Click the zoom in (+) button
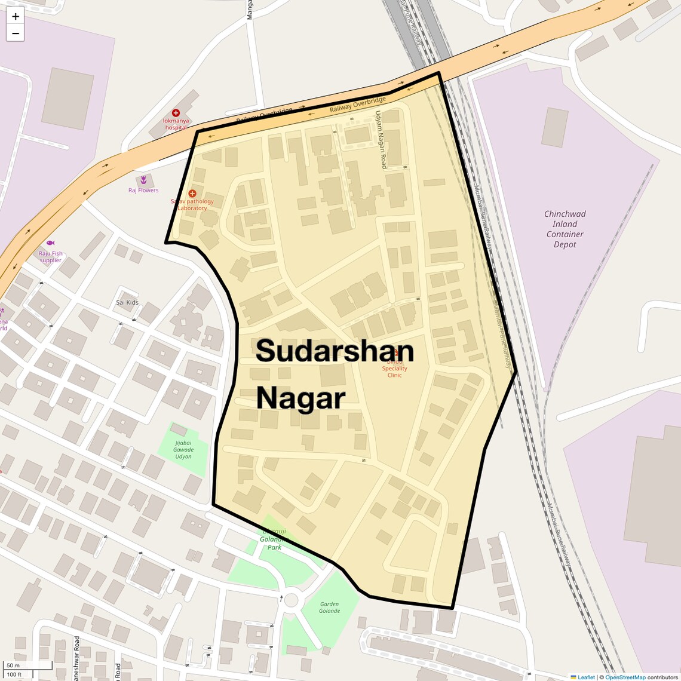pyautogui.click(x=16, y=17)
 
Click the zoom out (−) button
pyautogui.click(x=16, y=33)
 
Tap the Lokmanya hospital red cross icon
pyautogui.click(x=176, y=113)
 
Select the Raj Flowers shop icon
pyautogui.click(x=143, y=179)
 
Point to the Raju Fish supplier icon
pyautogui.click(x=50, y=243)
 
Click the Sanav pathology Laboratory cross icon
pyautogui.click(x=192, y=194)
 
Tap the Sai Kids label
pyautogui.click(x=127, y=302)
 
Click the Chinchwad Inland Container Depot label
pyautogui.click(x=565, y=229)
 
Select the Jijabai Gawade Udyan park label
pyautogui.click(x=183, y=449)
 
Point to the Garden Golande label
pyautogui.click(x=329, y=608)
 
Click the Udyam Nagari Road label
pyautogui.click(x=381, y=140)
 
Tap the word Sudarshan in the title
pyautogui.click(x=335, y=351)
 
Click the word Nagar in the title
pyautogui.click(x=300, y=398)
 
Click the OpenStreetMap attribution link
pyautogui.click(x=625, y=677)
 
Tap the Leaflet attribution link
pyautogui.click(x=586, y=677)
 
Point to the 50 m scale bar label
pyautogui.click(x=13, y=665)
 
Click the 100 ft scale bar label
pyautogui.click(x=14, y=675)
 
